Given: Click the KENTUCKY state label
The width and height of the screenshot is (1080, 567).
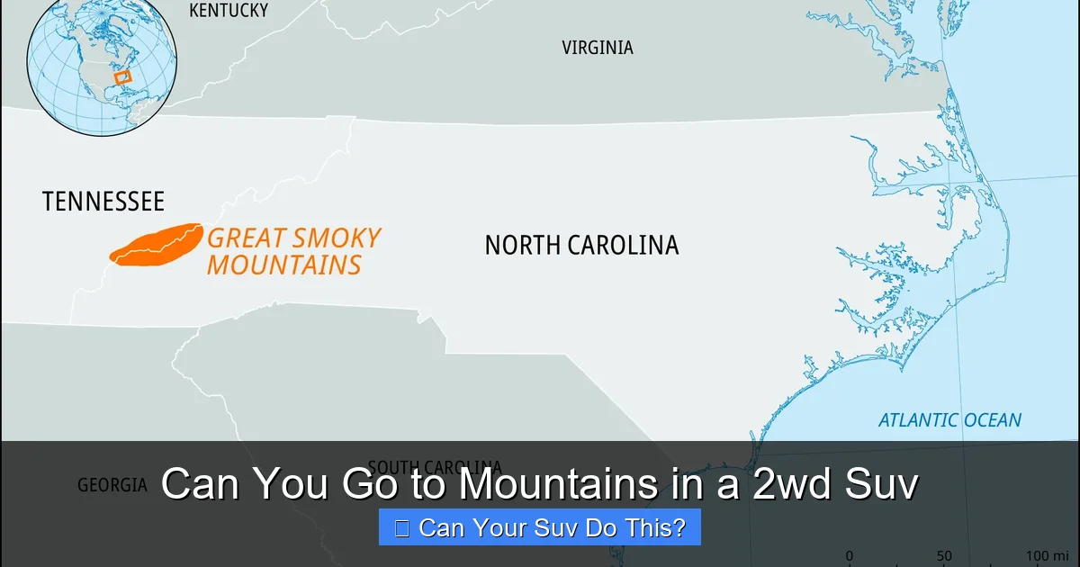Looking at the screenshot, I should [x=229, y=11].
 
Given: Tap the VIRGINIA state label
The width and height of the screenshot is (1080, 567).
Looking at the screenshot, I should [x=598, y=48].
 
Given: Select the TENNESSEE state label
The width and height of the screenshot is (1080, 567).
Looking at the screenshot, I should [x=103, y=201].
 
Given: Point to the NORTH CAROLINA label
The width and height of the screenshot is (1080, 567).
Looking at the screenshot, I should [x=581, y=245].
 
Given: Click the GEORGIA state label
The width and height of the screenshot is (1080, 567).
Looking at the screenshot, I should [x=112, y=485].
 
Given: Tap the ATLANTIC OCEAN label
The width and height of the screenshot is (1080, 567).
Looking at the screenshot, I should [x=949, y=420].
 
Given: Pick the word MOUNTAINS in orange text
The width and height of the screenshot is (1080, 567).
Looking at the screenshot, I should [x=283, y=265].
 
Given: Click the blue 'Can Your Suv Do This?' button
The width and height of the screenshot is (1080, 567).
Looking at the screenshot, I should [x=539, y=527].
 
